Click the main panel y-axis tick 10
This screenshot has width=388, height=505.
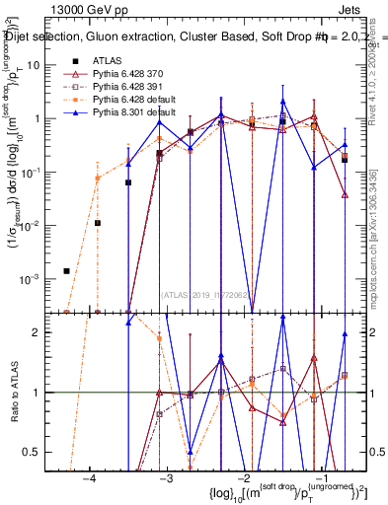[44, 65]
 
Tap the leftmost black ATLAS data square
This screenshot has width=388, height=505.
[67, 270]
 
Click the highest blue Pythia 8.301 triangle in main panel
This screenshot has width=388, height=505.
[283, 101]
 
